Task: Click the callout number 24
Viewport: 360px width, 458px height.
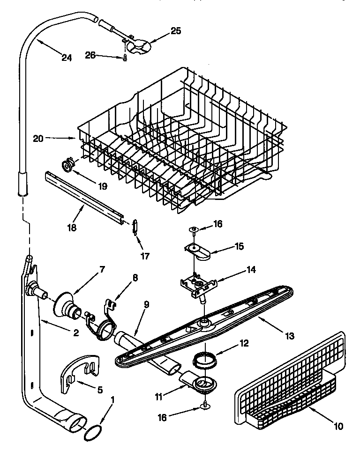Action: (67, 58)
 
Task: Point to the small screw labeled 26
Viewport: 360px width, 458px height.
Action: (126, 58)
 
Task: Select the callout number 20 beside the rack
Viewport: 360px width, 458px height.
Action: (38, 139)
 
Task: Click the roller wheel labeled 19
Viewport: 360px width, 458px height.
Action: (69, 164)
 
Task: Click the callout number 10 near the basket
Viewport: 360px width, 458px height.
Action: (338, 426)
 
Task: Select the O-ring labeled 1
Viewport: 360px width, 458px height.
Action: (92, 434)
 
